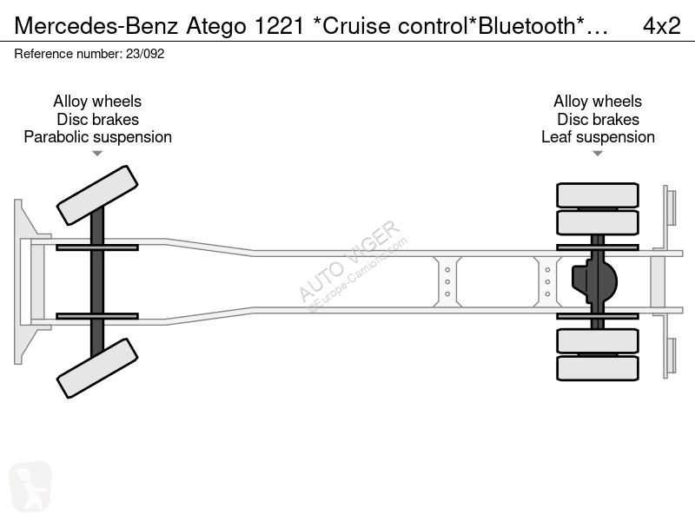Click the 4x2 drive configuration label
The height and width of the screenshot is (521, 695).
click(x=661, y=25)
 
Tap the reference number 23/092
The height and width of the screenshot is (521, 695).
click(x=145, y=54)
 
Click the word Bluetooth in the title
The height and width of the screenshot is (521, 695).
click(x=527, y=25)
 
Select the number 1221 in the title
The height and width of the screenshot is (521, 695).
click(x=279, y=25)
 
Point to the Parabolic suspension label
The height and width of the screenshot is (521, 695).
click(x=97, y=137)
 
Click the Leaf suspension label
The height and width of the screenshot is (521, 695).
click(x=598, y=137)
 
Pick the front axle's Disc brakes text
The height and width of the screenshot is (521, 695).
click(x=97, y=119)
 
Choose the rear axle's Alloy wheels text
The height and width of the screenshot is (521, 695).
click(x=598, y=102)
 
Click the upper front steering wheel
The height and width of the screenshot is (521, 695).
click(x=97, y=195)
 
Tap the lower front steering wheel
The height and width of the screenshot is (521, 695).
click(x=97, y=368)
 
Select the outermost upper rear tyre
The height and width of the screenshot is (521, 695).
click(x=598, y=195)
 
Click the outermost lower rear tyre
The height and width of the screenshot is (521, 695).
click(x=598, y=368)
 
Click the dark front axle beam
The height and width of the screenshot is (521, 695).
click(x=97, y=281)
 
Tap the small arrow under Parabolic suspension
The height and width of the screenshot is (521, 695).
click(x=97, y=154)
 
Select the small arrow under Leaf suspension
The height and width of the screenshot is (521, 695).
click(x=598, y=154)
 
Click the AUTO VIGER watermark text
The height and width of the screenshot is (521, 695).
click(x=349, y=261)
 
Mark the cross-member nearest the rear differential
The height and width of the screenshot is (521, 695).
click(x=547, y=281)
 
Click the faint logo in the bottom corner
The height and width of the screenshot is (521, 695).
click(x=30, y=487)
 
